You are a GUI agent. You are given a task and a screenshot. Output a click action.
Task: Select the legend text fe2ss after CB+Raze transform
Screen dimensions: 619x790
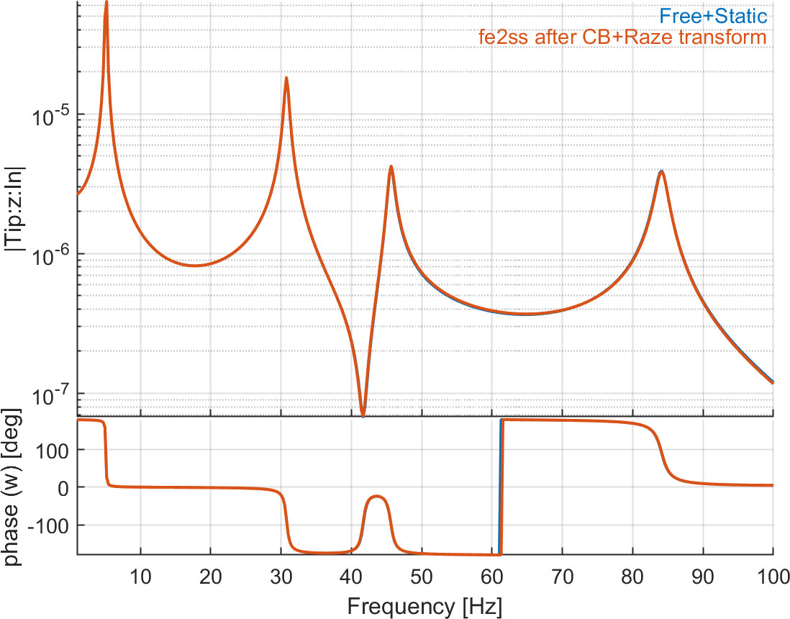pyautogui.click(x=623, y=36)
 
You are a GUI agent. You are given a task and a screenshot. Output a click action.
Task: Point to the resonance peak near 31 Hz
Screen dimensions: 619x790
pyautogui.click(x=286, y=78)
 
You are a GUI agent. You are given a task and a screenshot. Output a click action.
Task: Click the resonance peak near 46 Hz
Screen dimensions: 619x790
pyautogui.click(x=391, y=167)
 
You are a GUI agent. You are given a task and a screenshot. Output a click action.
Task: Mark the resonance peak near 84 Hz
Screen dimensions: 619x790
pyautogui.click(x=661, y=171)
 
